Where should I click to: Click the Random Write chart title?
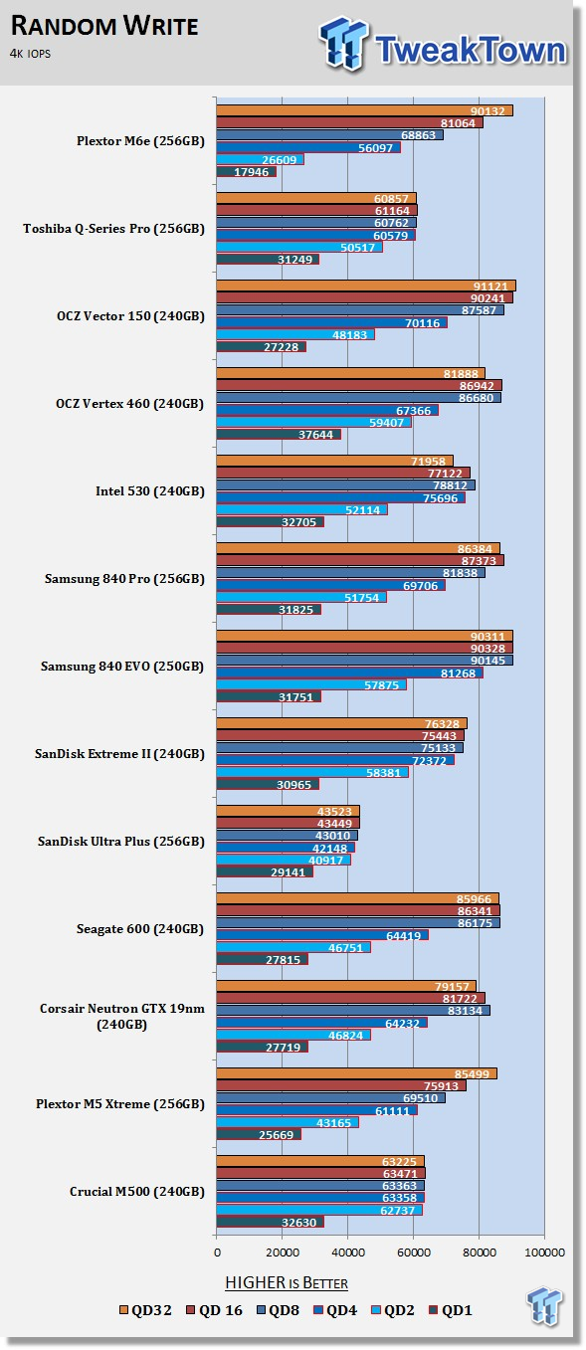(104, 26)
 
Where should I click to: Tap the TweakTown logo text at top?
(471, 49)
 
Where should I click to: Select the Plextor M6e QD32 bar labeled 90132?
(365, 110)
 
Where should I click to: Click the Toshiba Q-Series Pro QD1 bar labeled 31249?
(268, 259)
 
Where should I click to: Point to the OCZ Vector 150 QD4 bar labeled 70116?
(331, 322)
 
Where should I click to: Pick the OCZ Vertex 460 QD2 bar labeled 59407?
(314, 422)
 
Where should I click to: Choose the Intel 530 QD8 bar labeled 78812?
(346, 485)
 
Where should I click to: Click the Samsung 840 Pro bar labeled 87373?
(360, 560)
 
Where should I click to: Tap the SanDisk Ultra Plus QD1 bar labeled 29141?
(265, 871)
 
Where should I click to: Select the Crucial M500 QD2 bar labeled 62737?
(319, 1210)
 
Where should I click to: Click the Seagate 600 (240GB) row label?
(140, 929)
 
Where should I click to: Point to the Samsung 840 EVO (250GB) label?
(122, 666)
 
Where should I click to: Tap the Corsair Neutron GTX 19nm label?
(121, 1016)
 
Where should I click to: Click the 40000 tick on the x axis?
(348, 1253)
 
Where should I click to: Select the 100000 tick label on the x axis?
(544, 1253)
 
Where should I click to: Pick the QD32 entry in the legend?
(145, 1310)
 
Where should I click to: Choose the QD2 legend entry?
(392, 1310)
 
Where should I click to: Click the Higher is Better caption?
(287, 1282)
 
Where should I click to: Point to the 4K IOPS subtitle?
(30, 54)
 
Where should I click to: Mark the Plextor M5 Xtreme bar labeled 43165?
(288, 1122)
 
